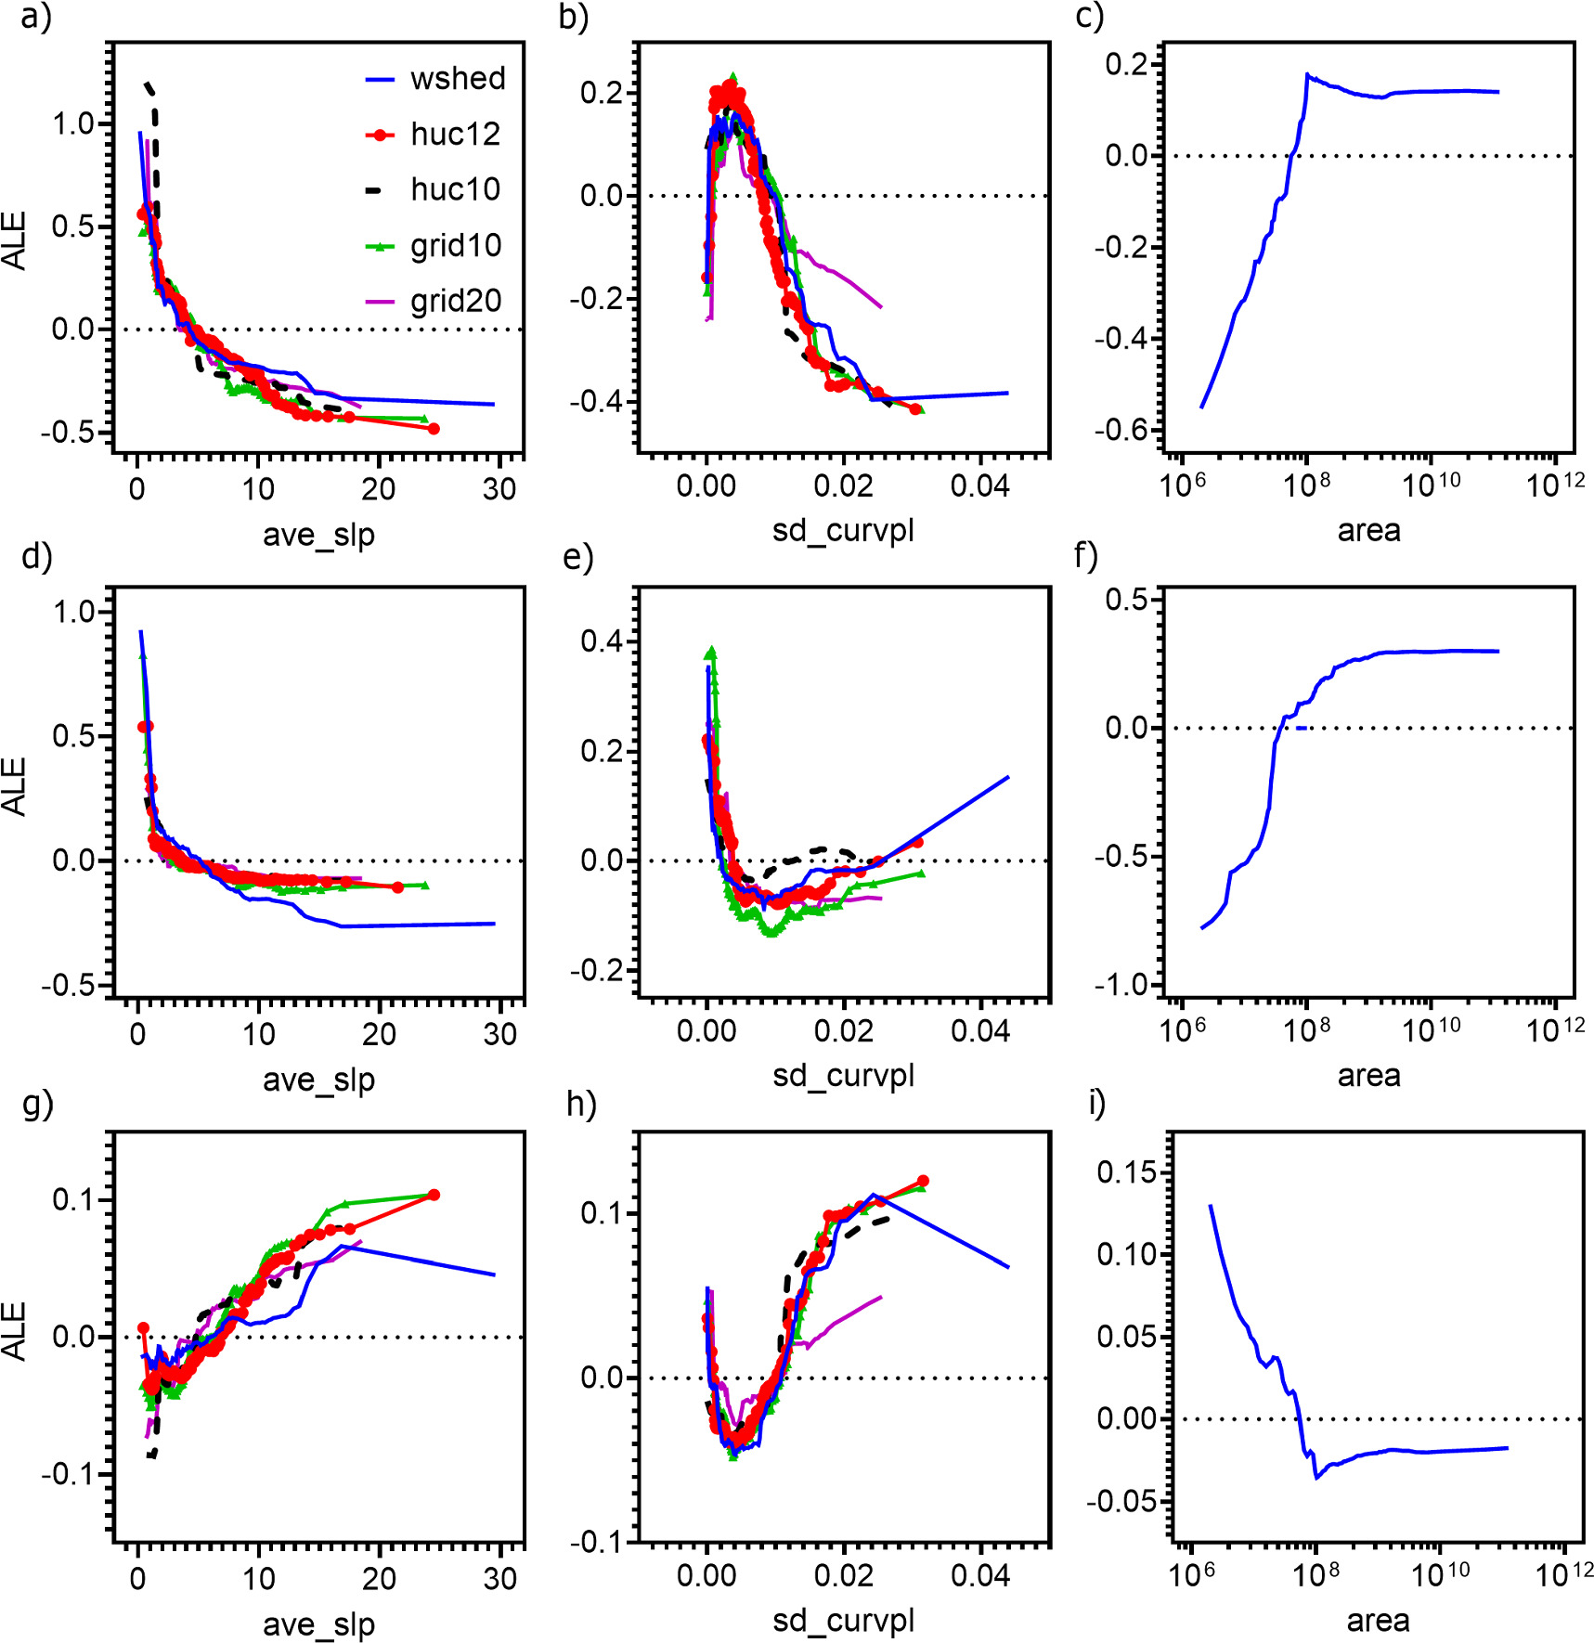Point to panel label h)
[x=581, y=1104]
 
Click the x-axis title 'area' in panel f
[x=1368, y=1076]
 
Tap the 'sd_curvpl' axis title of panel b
[x=843, y=531]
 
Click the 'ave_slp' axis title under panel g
[x=318, y=1624]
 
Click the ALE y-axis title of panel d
[x=15, y=786]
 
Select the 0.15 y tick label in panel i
[x=1127, y=1172]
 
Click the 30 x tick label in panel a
[x=499, y=489]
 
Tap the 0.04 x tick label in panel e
[x=980, y=1031]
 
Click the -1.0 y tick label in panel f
[x=1124, y=985]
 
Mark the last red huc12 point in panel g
[x=434, y=1195]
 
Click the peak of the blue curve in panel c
[x=1307, y=74]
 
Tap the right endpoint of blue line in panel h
[x=1008, y=1267]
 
